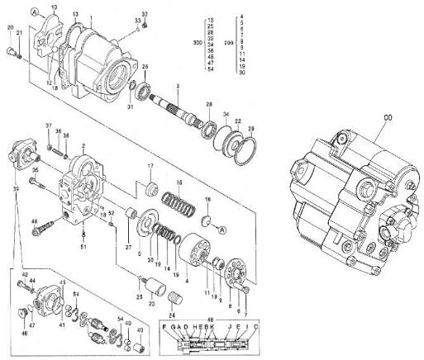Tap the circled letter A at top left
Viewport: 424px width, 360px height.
point(34,11)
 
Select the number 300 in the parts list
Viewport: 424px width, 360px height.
point(196,40)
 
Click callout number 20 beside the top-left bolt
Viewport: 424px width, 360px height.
point(10,28)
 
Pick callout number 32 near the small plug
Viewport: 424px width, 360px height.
point(145,15)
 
